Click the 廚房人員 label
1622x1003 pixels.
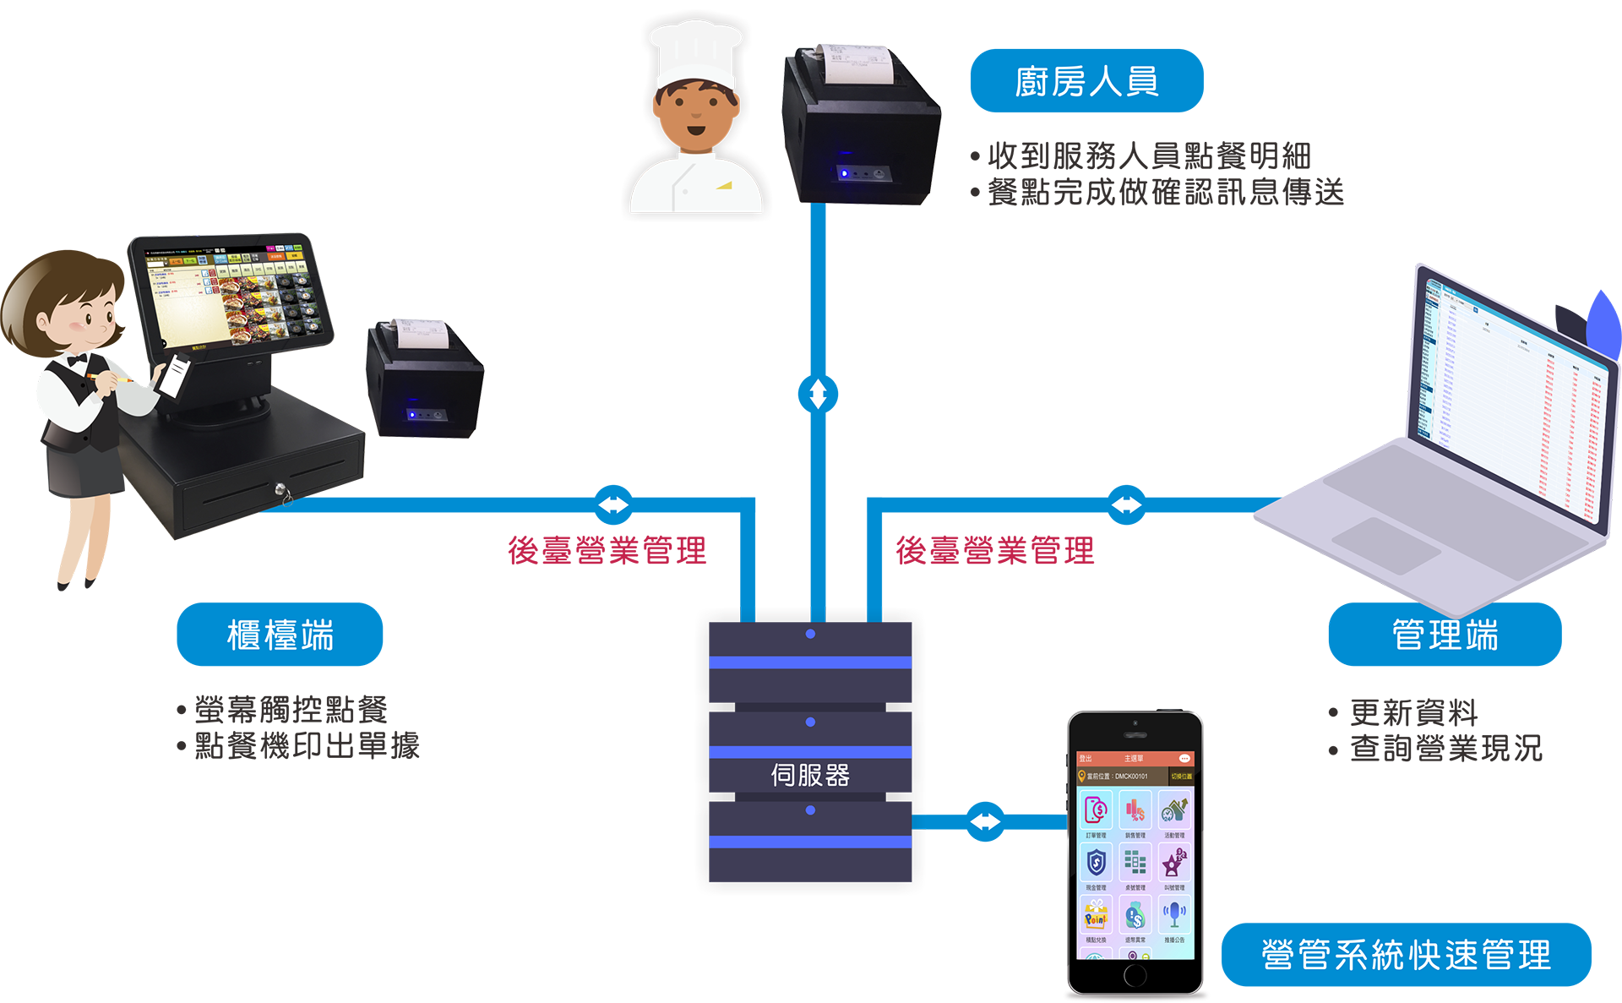1086,82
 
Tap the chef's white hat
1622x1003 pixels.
694,52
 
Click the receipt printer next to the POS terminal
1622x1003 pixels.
425,380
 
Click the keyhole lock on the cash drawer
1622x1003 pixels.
280,489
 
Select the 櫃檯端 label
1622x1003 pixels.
280,635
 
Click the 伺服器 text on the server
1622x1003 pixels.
810,775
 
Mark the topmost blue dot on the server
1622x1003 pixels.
810,634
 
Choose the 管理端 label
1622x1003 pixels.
1445,635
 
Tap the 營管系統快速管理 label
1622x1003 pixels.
1406,955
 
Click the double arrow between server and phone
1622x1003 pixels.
985,821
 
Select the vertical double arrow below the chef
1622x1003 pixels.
818,394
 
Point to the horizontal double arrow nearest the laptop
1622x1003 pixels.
1126,505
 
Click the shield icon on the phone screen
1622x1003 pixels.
1096,863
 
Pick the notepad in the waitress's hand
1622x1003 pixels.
175,375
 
